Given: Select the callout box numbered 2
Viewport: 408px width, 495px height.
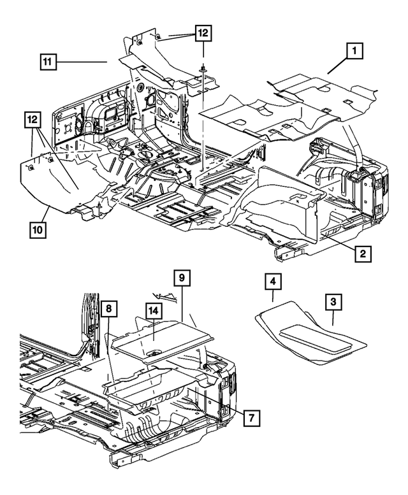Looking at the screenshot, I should [362, 254].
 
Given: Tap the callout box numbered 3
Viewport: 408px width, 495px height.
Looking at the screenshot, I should [333, 302].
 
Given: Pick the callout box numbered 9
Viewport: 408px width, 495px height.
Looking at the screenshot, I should [182, 278].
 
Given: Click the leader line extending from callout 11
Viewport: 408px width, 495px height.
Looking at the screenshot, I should [83, 62].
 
